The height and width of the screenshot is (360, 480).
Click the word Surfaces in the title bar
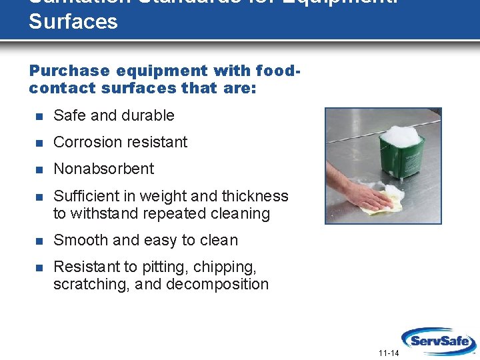click(73, 21)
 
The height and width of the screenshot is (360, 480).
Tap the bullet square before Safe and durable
click(39, 116)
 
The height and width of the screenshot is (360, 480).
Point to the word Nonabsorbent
click(103, 169)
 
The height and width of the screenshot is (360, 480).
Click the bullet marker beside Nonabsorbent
click(39, 169)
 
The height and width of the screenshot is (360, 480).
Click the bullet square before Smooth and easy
click(39, 241)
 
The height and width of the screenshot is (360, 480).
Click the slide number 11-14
click(388, 353)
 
